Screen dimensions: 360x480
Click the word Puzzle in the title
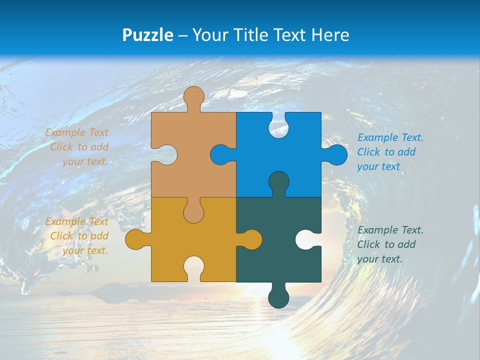148,35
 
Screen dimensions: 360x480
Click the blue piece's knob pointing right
336,155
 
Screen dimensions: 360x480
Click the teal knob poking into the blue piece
278,181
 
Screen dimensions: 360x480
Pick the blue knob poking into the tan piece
220,155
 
